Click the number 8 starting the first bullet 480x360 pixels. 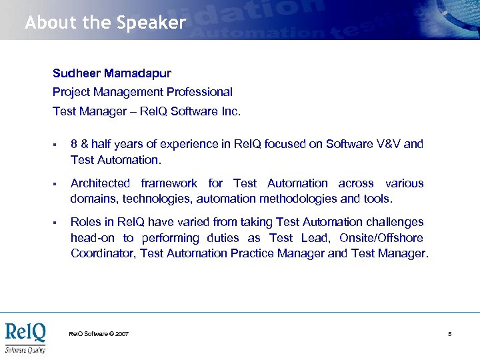point(74,144)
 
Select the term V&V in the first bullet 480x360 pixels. point(383,144)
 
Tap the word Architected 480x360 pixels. point(101,183)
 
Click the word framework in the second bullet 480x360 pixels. point(169,183)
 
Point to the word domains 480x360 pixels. point(92,199)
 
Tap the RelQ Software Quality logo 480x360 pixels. point(25,337)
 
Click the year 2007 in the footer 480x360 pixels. point(122,333)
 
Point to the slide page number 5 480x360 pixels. point(450,333)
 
